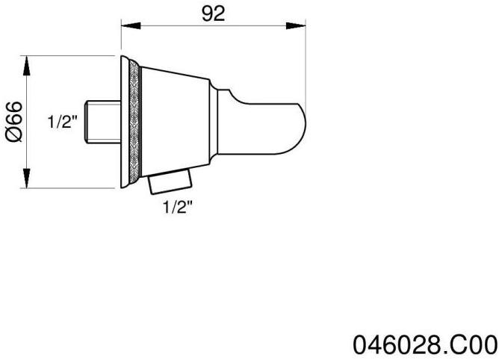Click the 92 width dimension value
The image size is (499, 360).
(214, 15)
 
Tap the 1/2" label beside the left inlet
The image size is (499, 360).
(63, 122)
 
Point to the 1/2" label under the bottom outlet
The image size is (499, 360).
(178, 209)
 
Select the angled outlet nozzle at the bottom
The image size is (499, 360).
(171, 181)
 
